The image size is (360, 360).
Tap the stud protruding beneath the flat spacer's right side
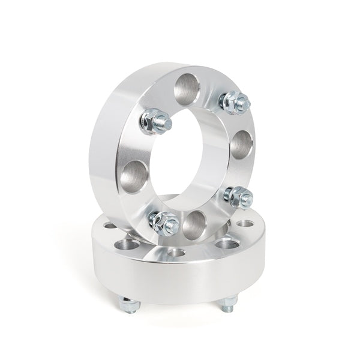(x=228, y=306)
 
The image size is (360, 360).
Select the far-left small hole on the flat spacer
(x=109, y=226)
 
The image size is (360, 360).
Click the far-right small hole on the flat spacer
(x=244, y=224)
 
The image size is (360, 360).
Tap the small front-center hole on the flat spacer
(x=176, y=253)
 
